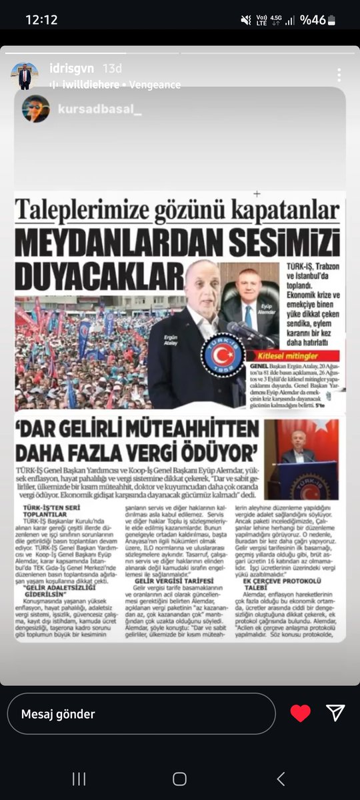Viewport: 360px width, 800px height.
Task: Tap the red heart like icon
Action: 301,713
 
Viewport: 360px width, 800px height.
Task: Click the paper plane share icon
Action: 336,713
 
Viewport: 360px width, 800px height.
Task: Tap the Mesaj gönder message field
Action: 143,714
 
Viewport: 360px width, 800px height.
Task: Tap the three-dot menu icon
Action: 339,75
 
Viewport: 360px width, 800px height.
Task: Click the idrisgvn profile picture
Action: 25,76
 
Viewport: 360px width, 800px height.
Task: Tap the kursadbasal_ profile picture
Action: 36,109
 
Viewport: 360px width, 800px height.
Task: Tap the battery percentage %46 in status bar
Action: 313,20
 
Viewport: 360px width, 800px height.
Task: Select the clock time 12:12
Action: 41,20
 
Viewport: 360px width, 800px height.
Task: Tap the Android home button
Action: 179,778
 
